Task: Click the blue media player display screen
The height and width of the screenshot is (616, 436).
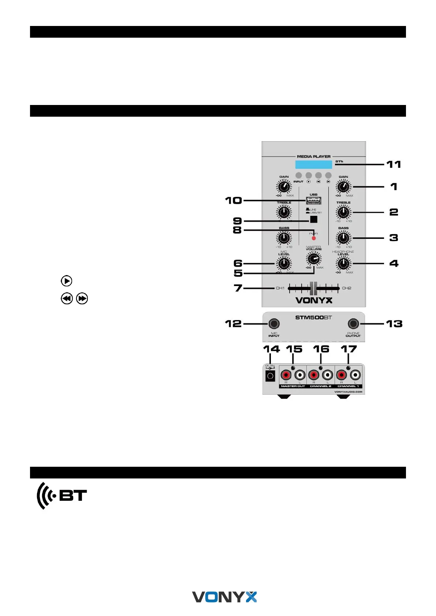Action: coord(314,164)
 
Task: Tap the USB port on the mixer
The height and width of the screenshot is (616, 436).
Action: coord(314,200)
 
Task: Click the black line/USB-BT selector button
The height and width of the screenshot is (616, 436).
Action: coord(313,219)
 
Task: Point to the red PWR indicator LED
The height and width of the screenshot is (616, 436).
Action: coord(314,238)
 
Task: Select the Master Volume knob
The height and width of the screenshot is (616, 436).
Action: coord(313,259)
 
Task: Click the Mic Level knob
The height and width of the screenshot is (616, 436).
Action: coord(284,263)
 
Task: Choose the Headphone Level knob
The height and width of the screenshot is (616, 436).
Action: coord(343,263)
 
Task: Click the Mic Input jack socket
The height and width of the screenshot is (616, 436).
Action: coord(274,324)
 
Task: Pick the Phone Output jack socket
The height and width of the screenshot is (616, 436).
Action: coord(353,324)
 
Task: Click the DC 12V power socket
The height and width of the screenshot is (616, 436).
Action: coord(270,376)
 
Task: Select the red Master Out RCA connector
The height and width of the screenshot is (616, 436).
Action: coord(286,375)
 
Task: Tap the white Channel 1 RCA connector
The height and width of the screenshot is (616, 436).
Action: coord(355,375)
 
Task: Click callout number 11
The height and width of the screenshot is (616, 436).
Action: coord(394,165)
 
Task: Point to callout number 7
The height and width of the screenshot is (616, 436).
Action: coord(238,288)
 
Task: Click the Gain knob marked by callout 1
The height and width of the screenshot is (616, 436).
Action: coord(343,187)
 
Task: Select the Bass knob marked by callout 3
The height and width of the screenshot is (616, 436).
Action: coord(343,238)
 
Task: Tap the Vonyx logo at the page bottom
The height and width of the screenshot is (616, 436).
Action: coord(224,597)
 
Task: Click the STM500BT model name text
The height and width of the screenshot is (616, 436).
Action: coord(313,318)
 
